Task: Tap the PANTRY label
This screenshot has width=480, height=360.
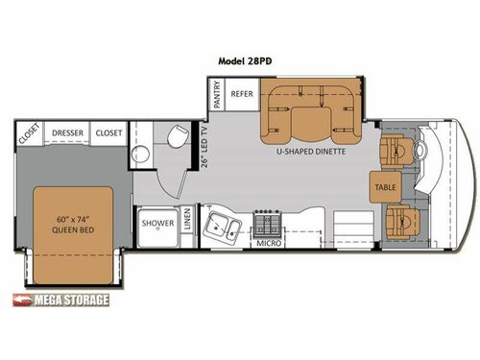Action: (x=217, y=97)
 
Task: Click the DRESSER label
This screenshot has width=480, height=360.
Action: (x=67, y=132)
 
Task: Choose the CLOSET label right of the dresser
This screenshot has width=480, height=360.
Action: (x=108, y=132)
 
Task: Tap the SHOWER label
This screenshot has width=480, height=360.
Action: (x=157, y=223)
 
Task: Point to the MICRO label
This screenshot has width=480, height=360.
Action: (x=268, y=244)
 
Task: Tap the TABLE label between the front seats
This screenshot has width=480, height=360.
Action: (x=385, y=187)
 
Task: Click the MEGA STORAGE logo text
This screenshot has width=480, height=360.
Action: (x=71, y=300)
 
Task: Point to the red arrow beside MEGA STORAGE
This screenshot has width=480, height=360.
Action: (x=21, y=300)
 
